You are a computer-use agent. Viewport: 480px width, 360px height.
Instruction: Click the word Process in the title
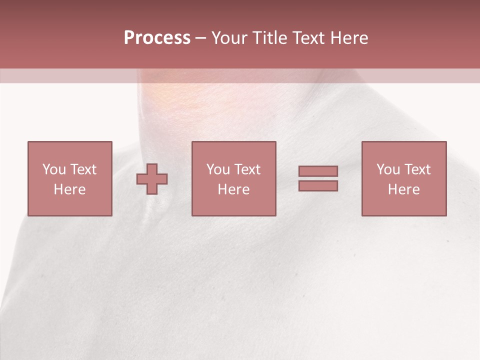[157, 38]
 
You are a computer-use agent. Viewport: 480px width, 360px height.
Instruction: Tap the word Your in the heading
[230, 38]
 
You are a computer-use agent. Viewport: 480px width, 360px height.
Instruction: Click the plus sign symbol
[152, 179]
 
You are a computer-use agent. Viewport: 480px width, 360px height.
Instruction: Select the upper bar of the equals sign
[318, 171]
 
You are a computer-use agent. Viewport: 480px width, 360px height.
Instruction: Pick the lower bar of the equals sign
[318, 185]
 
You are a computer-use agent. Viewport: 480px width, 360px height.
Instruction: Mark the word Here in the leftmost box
[69, 189]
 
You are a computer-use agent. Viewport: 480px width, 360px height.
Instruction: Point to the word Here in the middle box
[233, 189]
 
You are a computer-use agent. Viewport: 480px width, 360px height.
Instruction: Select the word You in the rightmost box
[388, 169]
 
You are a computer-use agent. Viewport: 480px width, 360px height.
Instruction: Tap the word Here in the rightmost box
[403, 189]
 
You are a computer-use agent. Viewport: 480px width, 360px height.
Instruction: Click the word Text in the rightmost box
[417, 169]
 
